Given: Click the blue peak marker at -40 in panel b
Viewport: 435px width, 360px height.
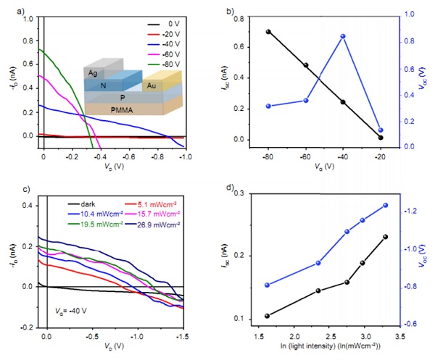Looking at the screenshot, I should click(x=342, y=36).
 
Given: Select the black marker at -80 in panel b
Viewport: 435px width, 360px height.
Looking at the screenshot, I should click(x=268, y=32).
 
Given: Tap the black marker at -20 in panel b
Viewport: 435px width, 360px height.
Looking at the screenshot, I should click(x=380, y=138).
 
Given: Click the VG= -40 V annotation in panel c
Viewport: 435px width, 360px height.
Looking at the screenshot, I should click(x=72, y=311).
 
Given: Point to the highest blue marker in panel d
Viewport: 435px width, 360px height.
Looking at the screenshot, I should click(x=385, y=205).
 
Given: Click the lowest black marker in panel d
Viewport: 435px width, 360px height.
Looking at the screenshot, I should click(x=268, y=316).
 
